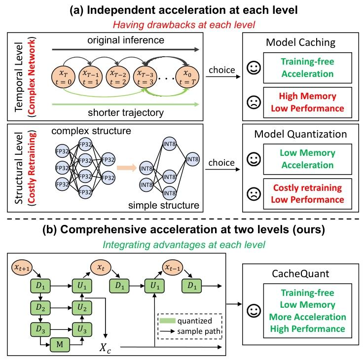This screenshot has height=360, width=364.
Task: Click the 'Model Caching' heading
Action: click(x=301, y=42)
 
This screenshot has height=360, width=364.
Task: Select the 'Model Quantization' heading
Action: click(x=301, y=134)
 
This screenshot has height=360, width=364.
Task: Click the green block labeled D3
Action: click(x=43, y=327)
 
